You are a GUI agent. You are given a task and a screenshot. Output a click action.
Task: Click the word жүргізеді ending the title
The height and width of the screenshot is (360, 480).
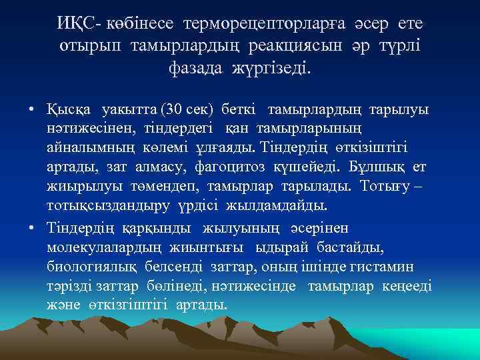(272, 67)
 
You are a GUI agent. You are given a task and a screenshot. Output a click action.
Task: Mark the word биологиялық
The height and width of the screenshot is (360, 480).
(89, 267)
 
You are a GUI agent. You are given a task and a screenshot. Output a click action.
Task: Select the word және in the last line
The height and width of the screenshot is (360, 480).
(64, 305)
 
